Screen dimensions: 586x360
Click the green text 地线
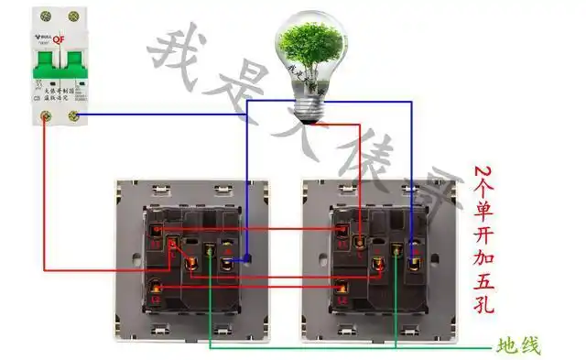point(518,345)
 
